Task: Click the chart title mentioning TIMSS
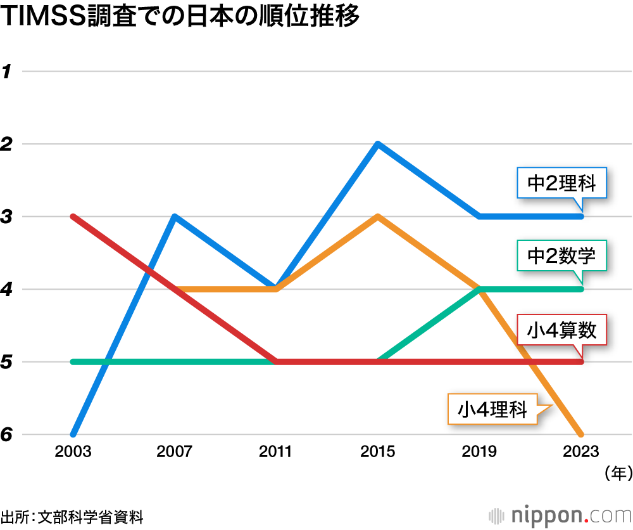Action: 180,17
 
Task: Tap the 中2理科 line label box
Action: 561,184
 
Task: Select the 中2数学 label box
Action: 561,257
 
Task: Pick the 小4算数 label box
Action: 562,330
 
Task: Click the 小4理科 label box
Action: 492,409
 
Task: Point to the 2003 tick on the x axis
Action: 73,452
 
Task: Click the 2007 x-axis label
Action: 175,452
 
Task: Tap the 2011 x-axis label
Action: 276,452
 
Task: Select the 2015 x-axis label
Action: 377,452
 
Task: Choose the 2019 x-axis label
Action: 479,452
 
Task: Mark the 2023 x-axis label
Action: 580,452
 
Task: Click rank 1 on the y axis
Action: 7,72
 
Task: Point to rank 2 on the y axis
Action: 7,145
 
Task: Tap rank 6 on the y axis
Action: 7,435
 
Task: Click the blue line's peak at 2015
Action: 377,145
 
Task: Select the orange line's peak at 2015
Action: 377,217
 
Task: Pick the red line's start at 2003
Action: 74,217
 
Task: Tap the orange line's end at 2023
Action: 580,434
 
